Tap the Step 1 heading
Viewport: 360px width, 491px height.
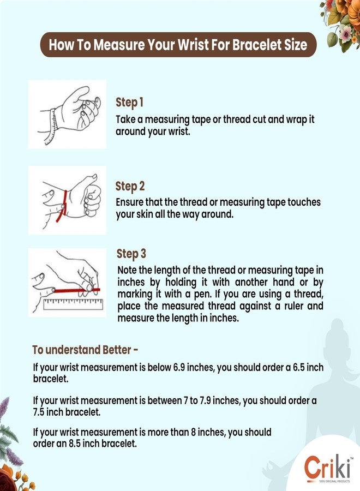pos(130,103)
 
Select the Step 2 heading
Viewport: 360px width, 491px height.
pos(130,186)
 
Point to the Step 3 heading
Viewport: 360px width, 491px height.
pos(131,254)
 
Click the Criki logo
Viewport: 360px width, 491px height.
pos(327,468)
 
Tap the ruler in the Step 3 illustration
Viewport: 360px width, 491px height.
pos(73,304)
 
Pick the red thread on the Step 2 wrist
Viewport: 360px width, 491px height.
pos(62,206)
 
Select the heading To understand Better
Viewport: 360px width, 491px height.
pos(85,350)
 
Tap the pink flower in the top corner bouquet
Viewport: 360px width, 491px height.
pos(346,32)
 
